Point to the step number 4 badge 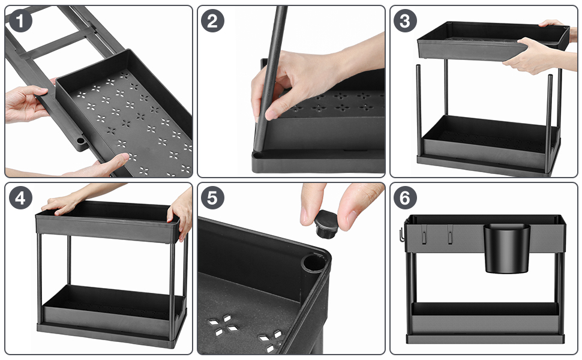[x=20, y=198]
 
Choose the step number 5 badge [x=213, y=198]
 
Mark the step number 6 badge [x=405, y=198]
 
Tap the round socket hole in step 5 [x=313, y=265]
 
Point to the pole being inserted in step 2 [x=269, y=78]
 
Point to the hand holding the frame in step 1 [x=24, y=103]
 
